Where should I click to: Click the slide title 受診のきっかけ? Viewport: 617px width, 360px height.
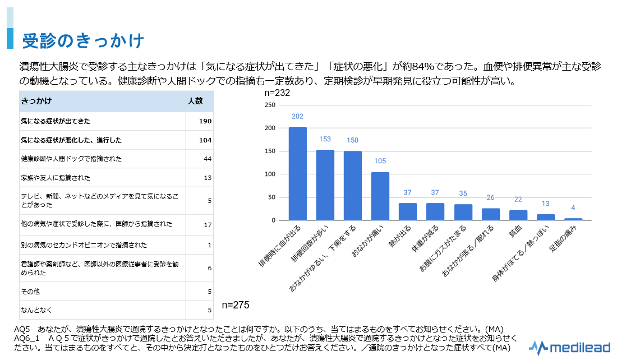pos(83,41)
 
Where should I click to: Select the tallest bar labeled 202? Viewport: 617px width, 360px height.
pos(297,174)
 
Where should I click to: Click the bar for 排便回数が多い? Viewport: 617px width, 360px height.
pos(325,185)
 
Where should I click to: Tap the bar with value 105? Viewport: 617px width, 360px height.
pos(380,196)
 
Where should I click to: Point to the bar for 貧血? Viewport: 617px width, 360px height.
pos(518,215)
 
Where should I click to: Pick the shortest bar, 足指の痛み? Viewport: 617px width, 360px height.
pos(573,219)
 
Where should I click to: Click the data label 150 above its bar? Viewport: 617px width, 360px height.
pos(352,140)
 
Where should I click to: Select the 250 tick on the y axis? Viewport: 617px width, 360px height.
pos(269,105)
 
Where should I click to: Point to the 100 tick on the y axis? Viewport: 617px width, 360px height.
pos(269,174)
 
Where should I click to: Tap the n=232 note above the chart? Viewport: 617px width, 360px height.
pos(277,93)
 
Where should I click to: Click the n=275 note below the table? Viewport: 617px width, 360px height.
pos(235,305)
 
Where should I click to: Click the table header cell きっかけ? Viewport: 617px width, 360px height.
pos(36,101)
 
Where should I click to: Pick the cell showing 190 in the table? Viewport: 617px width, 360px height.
pos(205,121)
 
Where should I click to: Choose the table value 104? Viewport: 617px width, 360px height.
pos(205,140)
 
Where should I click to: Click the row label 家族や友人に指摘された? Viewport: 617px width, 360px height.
pos(54,178)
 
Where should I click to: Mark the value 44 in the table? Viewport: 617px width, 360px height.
pos(207,159)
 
